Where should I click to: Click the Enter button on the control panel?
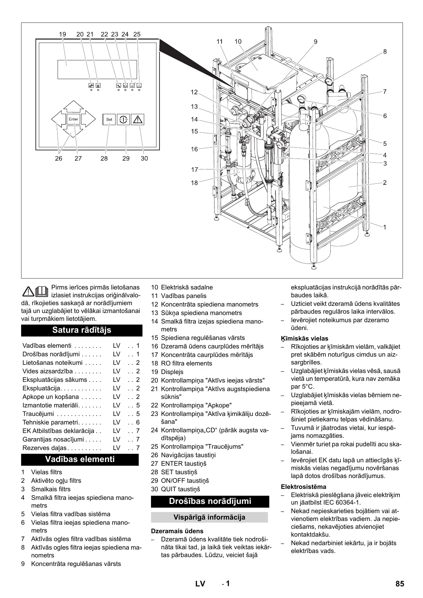click(x=73, y=119)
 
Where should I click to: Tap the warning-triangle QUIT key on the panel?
click(x=138, y=119)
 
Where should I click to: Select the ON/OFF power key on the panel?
click(x=123, y=119)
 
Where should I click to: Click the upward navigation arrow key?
click(x=73, y=106)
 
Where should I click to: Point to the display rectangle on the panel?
click(x=97, y=69)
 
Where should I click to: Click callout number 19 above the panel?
click(x=62, y=34)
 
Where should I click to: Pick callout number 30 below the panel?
click(x=144, y=159)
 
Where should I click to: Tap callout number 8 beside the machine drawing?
click(x=385, y=52)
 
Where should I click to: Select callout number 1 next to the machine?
click(x=385, y=227)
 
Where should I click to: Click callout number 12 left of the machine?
click(x=194, y=92)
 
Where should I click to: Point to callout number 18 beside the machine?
click(x=194, y=183)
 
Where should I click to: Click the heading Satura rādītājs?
click(x=82, y=330)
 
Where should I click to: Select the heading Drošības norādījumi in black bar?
click(x=210, y=501)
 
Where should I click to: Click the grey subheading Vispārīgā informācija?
click(x=209, y=517)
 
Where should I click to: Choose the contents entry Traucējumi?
click(x=38, y=414)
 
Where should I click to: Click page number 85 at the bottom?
click(x=400, y=584)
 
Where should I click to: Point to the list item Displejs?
click(x=172, y=372)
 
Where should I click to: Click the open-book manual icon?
click(x=45, y=291)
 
